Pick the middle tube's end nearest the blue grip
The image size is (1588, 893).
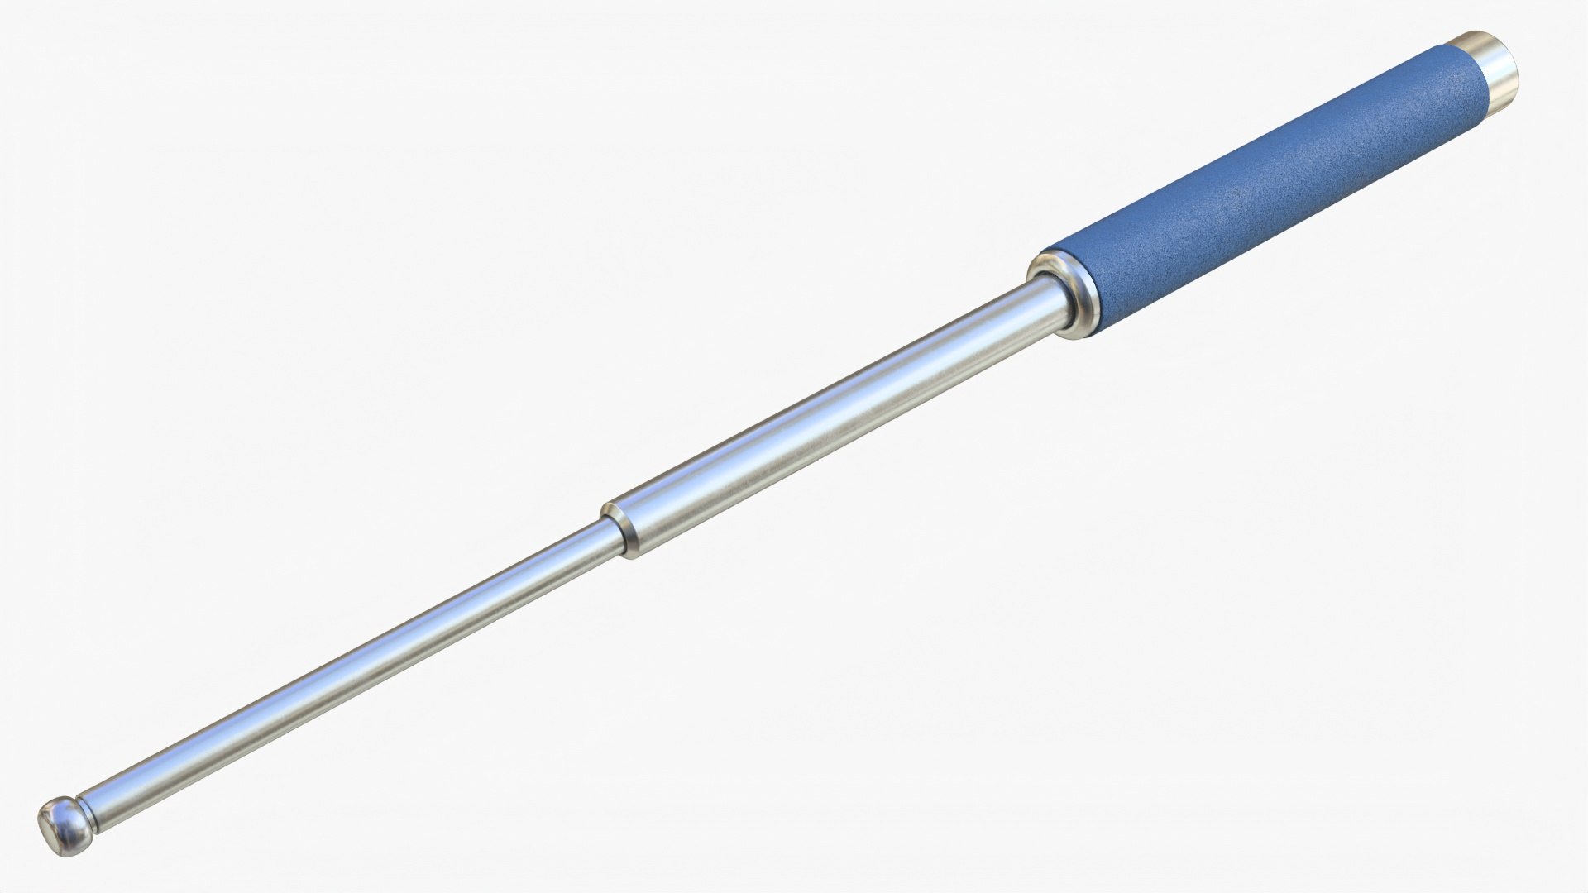(x=1021, y=302)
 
